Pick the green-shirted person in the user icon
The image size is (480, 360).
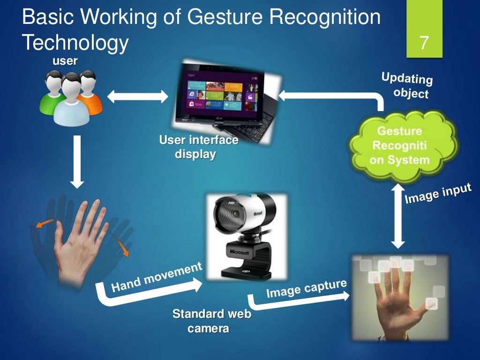[x=51, y=96]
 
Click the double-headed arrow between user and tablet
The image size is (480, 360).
[x=137, y=97]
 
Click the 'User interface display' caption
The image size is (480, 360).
[x=198, y=147]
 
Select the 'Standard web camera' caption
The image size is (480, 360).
[x=211, y=321]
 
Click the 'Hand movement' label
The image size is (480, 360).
[x=157, y=277]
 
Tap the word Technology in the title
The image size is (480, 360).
[x=75, y=43]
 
